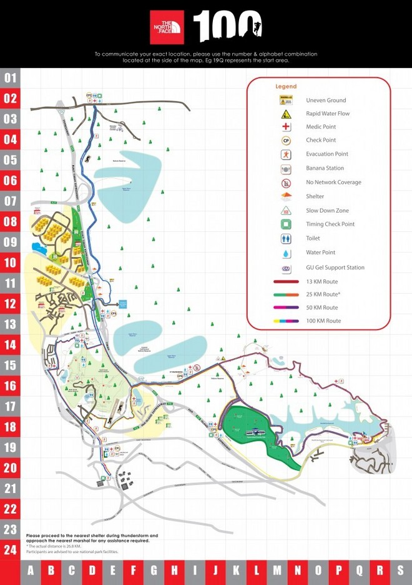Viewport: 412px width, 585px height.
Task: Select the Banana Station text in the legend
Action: coord(325,168)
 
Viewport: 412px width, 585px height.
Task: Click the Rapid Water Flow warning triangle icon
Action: coord(287,114)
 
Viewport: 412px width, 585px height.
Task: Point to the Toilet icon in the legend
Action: coord(287,239)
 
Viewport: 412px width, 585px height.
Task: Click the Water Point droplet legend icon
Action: coord(287,253)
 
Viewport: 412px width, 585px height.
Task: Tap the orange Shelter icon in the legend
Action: coord(287,197)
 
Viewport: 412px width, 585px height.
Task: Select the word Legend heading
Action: coord(286,86)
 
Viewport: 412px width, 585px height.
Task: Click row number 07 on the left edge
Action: coord(11,201)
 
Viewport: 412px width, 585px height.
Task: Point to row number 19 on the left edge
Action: coord(11,447)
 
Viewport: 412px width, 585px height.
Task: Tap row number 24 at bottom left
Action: coord(11,550)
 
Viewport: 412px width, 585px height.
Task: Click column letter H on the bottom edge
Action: coord(174,571)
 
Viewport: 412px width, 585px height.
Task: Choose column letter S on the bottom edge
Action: coord(400,571)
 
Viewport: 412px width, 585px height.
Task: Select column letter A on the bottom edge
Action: coord(31,571)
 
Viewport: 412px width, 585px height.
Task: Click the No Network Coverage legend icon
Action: coord(287,183)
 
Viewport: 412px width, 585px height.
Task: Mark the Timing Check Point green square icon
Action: coord(287,224)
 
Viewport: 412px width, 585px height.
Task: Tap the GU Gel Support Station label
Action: coord(335,267)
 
